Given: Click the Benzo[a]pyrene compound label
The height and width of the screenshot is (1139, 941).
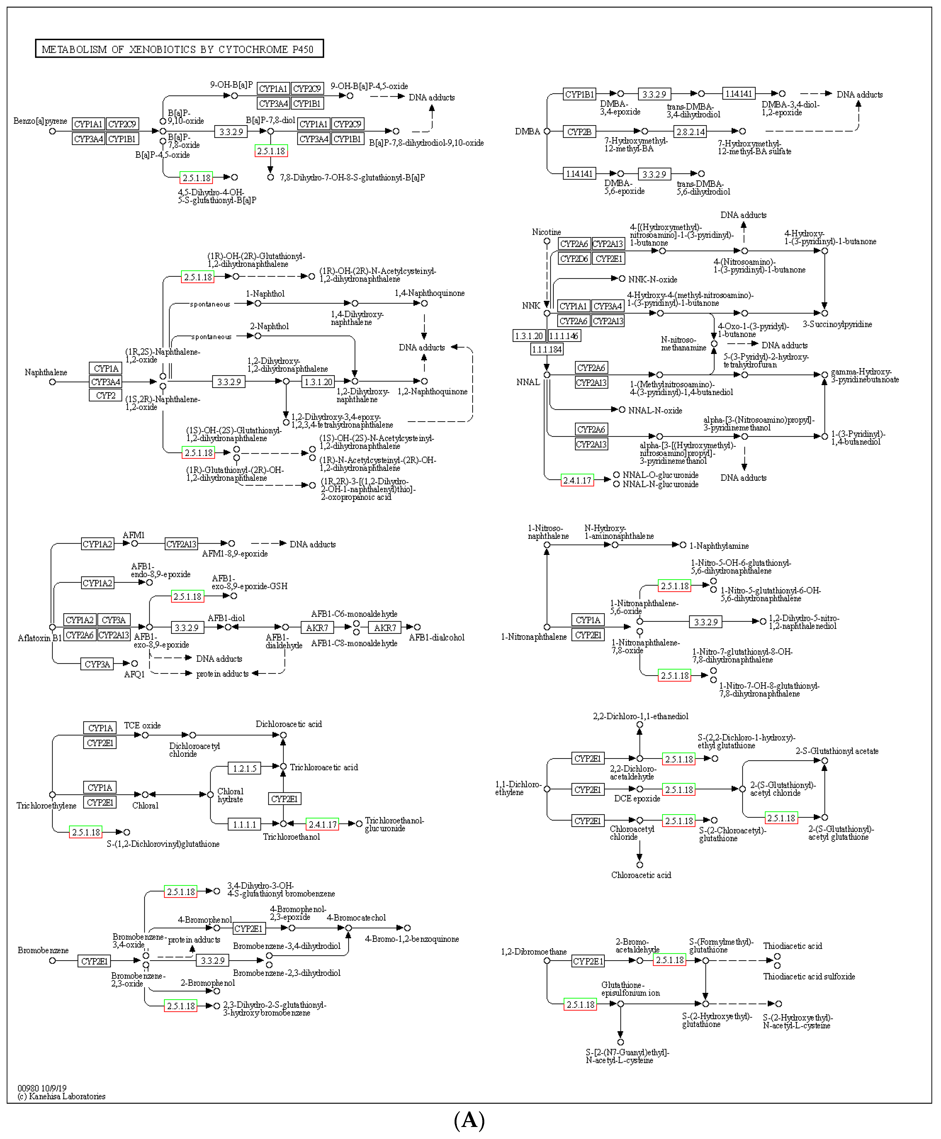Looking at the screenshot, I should (40, 121).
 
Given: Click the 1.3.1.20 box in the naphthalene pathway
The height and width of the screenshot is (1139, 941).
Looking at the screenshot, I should (318, 382).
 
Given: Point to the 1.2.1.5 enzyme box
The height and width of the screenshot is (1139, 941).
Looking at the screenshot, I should (244, 768).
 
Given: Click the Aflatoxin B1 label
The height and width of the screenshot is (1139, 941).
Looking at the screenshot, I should (40, 638).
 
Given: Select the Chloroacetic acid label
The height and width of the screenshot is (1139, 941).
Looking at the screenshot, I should (641, 875).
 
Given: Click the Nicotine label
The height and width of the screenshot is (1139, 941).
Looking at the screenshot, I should (546, 232).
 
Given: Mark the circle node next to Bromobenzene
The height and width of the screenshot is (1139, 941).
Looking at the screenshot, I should (52, 961).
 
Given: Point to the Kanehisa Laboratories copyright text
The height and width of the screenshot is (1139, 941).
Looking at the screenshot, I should (61, 1096).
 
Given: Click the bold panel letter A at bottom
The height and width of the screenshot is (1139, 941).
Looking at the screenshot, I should (469, 1121).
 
